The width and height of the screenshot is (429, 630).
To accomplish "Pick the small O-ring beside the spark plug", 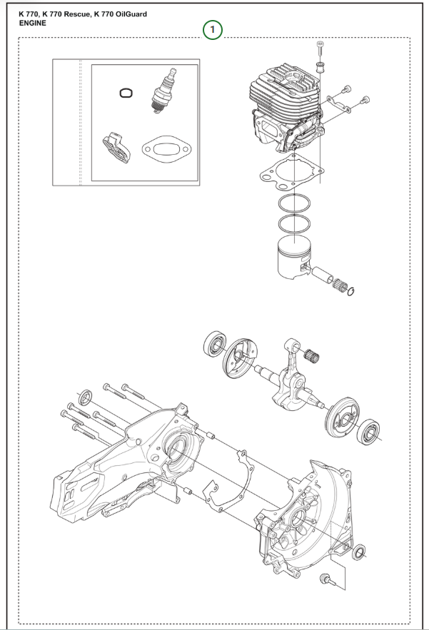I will (x=125, y=93).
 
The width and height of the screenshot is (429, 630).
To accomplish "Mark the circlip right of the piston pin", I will (x=352, y=290).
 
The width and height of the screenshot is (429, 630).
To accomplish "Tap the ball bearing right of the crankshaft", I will (x=370, y=431).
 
